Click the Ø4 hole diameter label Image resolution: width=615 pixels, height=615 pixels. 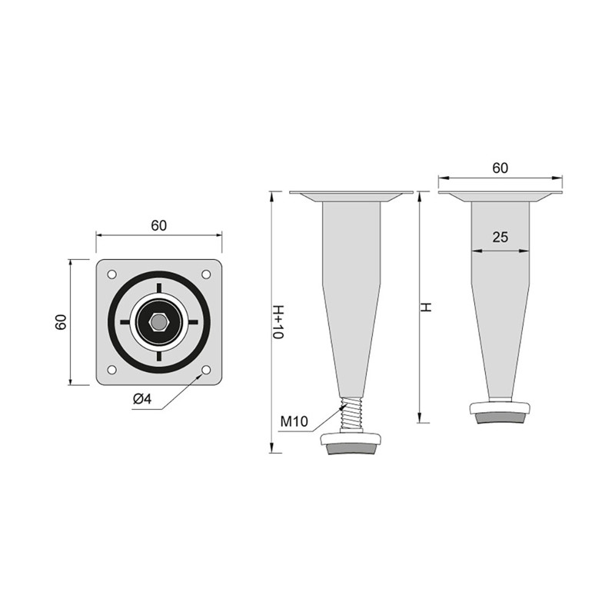pyautogui.click(x=142, y=399)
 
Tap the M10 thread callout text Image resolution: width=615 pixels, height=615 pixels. pyautogui.click(x=294, y=421)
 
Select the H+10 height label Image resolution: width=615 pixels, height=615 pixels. pyautogui.click(x=278, y=321)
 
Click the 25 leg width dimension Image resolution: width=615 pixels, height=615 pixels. pyautogui.click(x=500, y=237)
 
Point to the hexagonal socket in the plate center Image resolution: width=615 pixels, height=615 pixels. pyautogui.click(x=159, y=322)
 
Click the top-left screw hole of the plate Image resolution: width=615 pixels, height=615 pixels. pyautogui.click(x=111, y=274)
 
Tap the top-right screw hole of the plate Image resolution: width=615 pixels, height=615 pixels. pyautogui.click(x=206, y=274)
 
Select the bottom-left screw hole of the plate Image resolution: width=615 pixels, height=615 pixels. pyautogui.click(x=111, y=370)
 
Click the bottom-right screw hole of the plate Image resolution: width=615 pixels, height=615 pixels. pyautogui.click(x=206, y=370)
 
